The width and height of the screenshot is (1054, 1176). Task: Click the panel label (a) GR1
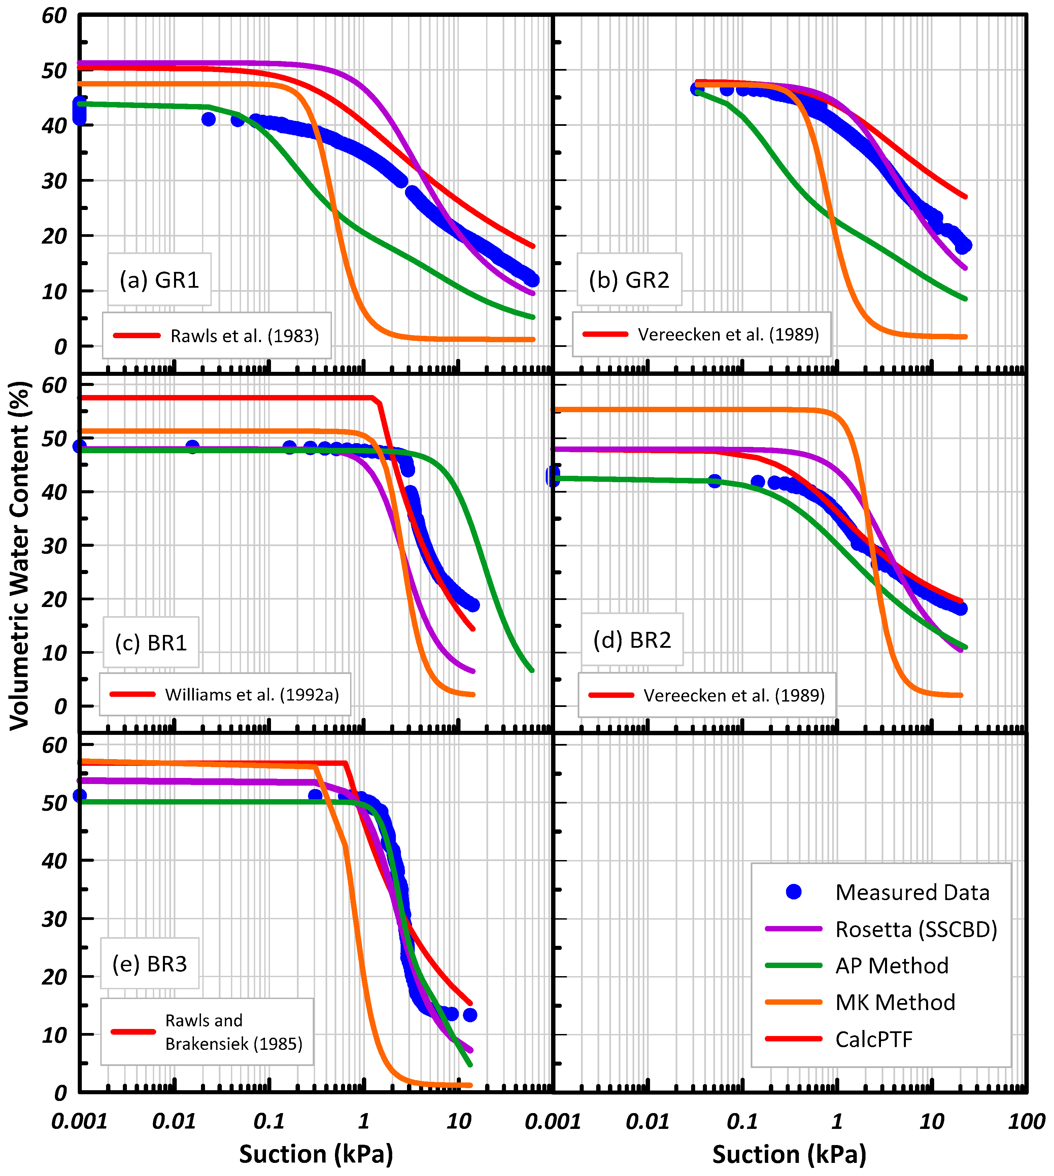tap(159, 280)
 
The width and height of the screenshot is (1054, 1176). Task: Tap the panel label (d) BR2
tap(633, 640)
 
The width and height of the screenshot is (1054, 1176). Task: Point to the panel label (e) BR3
tap(150, 964)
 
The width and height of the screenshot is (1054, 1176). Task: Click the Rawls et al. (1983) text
tap(244, 336)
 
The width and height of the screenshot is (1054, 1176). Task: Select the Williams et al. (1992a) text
tap(252, 694)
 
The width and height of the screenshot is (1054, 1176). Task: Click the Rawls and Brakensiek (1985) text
tap(233, 1032)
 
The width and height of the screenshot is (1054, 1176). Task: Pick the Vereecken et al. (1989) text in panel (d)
tap(734, 695)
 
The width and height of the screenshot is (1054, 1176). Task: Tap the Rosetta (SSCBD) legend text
tap(916, 929)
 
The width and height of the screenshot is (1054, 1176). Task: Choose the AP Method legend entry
tap(892, 965)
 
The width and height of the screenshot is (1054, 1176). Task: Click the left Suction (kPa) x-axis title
tap(316, 1154)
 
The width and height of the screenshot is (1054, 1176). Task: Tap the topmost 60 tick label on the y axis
tap(55, 16)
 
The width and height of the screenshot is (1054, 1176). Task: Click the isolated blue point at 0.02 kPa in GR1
tap(208, 119)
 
